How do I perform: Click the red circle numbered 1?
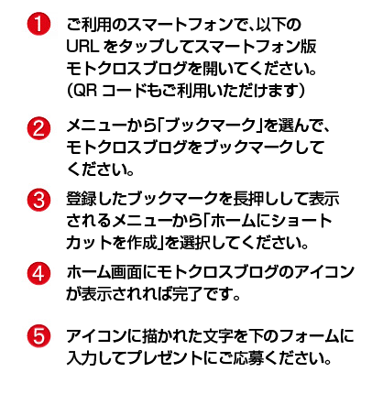38,24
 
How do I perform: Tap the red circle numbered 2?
38,128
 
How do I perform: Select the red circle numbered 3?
38,200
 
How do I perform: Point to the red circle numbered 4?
38,273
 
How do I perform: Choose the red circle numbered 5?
38,335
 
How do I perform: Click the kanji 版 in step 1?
308,47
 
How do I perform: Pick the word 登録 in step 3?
82,199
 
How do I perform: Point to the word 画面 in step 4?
126,272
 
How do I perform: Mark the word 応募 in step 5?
248,357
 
